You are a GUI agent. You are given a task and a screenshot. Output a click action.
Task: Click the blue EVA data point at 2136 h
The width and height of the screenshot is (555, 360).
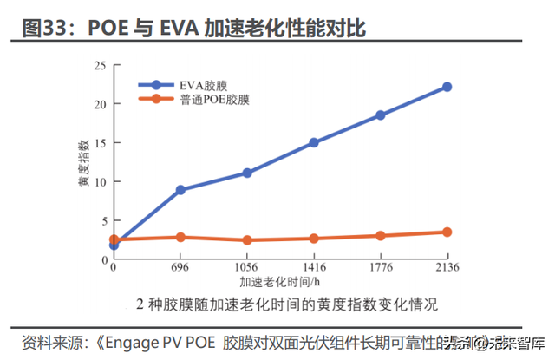[447, 87]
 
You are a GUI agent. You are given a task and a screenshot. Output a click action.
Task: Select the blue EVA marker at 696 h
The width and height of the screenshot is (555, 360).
[180, 189]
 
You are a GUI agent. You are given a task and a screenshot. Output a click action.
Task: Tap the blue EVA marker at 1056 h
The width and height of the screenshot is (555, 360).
[247, 173]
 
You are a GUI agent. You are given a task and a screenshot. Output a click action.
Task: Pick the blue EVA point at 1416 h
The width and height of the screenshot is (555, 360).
[313, 142]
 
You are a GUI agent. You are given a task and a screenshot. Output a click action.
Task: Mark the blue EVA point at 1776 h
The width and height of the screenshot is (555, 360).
[380, 115]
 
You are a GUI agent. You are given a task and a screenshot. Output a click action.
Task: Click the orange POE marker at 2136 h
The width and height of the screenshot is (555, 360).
[447, 232]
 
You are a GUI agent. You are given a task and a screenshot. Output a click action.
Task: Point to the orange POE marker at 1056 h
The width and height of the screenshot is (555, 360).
[247, 240]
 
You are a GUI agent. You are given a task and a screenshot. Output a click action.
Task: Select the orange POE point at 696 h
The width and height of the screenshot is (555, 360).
[180, 237]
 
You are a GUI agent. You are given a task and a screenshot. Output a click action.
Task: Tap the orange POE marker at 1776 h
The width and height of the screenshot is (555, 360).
[380, 235]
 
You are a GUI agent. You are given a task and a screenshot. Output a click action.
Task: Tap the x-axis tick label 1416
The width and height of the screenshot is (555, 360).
[313, 269]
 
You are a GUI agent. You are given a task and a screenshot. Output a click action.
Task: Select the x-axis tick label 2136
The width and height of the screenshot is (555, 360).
[447, 269]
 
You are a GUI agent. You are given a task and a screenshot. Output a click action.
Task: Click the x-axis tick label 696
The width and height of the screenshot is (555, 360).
[180, 269]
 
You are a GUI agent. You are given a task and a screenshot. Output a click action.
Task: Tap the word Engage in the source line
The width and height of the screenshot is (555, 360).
[132, 341]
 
